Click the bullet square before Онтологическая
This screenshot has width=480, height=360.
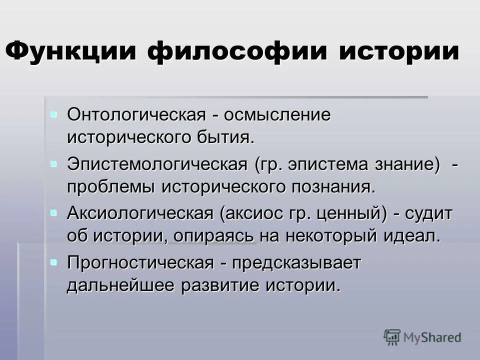tap(53, 113)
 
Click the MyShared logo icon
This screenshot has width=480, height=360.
tap(392, 337)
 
